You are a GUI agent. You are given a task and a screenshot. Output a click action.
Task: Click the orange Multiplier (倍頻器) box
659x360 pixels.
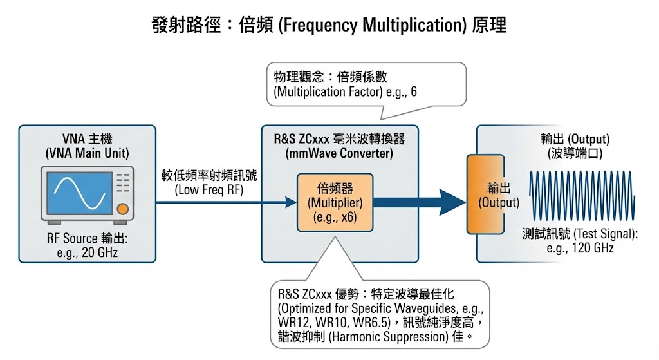[x=334, y=202]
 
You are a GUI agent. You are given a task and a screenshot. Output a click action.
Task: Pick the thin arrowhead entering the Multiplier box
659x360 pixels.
[x=290, y=202]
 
